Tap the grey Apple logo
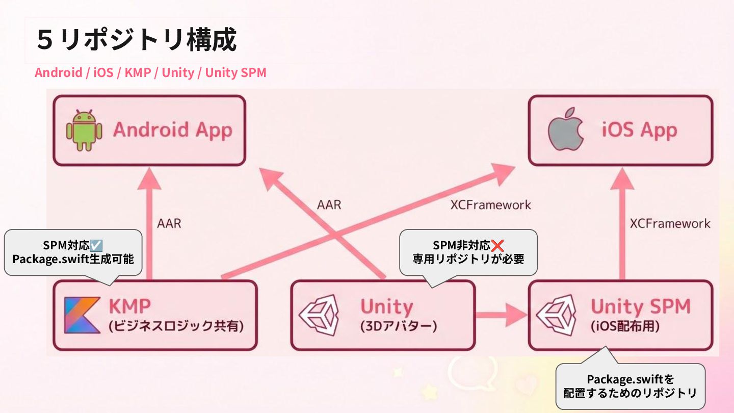point(565,130)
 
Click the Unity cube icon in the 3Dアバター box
point(319,315)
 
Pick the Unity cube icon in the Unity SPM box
point(556,315)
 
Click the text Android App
point(172,130)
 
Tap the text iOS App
point(639,130)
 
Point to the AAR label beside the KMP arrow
point(169,223)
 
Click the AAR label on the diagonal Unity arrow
point(329,205)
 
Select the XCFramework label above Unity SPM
point(670,223)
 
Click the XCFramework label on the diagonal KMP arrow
point(490,204)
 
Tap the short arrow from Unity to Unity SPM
point(502,315)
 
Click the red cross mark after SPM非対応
point(497,245)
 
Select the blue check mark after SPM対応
point(96,245)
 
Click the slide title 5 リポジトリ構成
point(137,40)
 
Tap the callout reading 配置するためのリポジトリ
point(630,393)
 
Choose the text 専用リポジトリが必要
point(468,259)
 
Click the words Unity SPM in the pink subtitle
point(235,72)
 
